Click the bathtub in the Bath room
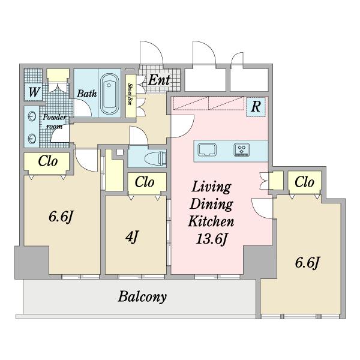point(110,94)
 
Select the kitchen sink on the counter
point(207,150)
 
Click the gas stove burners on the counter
point(242,149)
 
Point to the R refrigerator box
point(256,107)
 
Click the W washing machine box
point(34,92)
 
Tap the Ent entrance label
point(160,80)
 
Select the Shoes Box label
point(131,94)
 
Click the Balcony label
point(142,296)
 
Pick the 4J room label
point(132,237)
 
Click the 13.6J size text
point(212,239)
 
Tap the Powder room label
point(55,122)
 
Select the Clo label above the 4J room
point(145,182)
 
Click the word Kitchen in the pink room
point(211,221)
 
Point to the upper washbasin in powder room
point(32,116)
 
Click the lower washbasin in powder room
point(32,139)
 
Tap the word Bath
point(87,94)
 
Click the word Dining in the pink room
point(211,204)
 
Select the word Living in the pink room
point(211,187)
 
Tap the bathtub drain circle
point(109,85)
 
